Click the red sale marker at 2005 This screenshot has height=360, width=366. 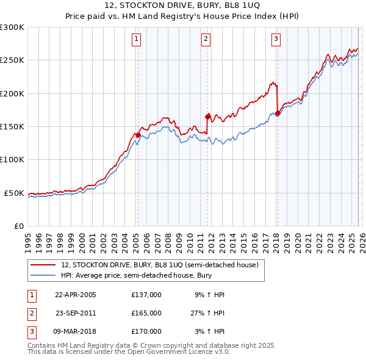point(138,135)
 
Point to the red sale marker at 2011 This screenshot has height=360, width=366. point(208,117)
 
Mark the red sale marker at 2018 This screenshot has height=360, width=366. point(278,113)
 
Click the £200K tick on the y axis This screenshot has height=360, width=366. point(12,94)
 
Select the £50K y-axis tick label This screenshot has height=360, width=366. point(14,193)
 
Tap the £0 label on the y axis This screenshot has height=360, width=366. point(18,226)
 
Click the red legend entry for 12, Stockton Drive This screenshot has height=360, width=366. point(160,265)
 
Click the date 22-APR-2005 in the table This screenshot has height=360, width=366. point(76,295)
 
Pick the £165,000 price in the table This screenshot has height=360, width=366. point(146,313)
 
